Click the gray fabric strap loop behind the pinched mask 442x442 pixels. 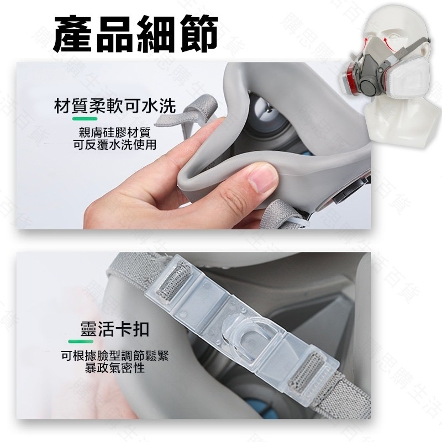click(202, 110)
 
